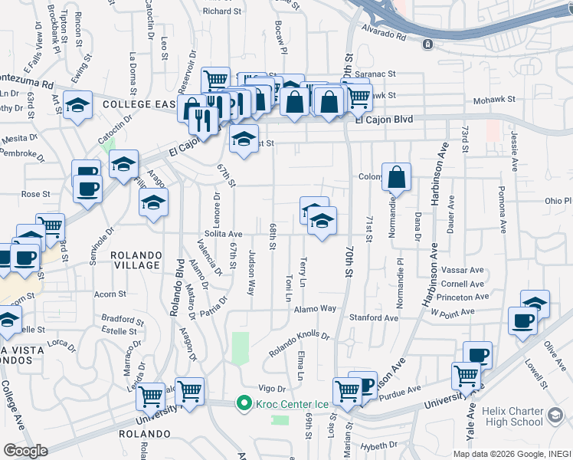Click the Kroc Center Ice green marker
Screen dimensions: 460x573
[x=244, y=402]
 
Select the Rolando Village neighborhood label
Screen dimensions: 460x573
[x=136, y=260]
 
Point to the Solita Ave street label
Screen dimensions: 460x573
[x=223, y=234]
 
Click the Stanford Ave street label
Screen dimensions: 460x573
[x=375, y=317]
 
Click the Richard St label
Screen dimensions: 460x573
[x=222, y=11]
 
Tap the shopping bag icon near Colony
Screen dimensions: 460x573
[x=396, y=178]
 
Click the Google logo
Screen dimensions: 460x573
[x=25, y=450]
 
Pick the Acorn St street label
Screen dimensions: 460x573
[x=110, y=294]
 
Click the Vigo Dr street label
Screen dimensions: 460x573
[x=271, y=389]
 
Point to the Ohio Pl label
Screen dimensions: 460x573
[x=558, y=201]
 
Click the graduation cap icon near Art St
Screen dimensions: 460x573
[x=77, y=107]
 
